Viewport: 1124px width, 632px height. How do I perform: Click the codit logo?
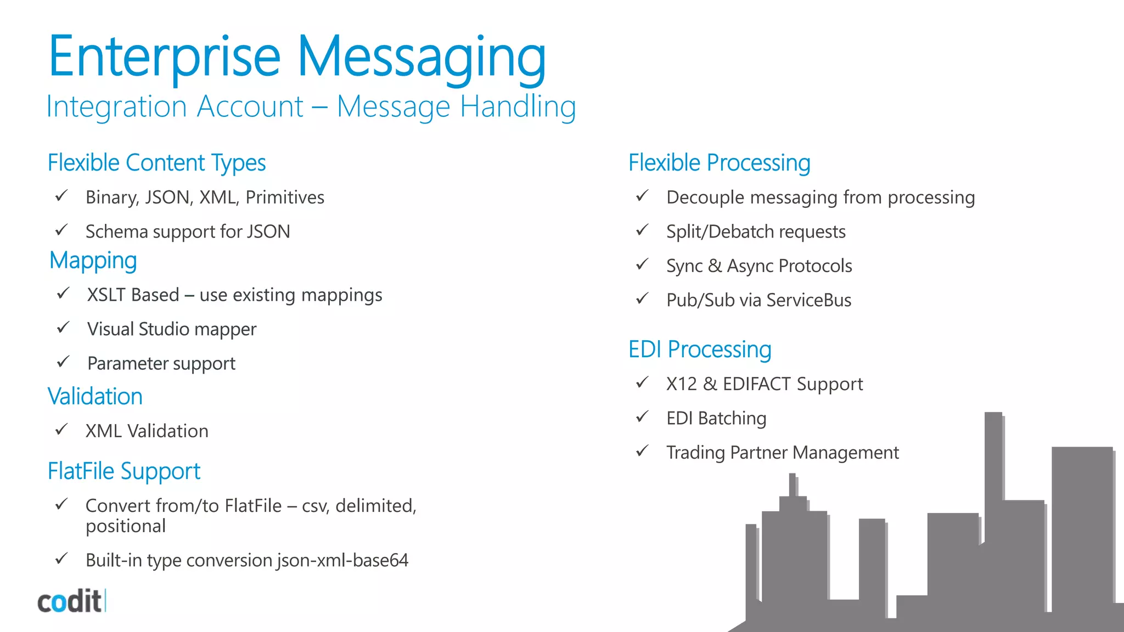(71, 601)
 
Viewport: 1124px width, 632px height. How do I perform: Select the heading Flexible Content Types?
(156, 163)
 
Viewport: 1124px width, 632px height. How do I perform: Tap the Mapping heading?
(93, 261)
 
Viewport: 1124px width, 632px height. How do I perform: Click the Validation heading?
(95, 397)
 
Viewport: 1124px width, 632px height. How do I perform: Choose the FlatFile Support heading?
(124, 471)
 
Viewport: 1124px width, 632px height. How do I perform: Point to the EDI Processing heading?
(700, 349)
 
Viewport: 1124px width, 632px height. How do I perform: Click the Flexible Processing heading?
(719, 163)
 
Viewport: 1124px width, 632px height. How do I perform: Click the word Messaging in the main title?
(421, 58)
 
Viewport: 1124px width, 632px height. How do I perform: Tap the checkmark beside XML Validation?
(61, 429)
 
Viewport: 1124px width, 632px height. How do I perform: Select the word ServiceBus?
(808, 300)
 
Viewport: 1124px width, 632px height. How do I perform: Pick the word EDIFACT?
(757, 384)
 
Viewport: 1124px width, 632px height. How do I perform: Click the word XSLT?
(106, 295)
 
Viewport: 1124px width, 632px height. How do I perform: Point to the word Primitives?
(285, 198)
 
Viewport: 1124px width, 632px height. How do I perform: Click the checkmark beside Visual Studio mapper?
(63, 328)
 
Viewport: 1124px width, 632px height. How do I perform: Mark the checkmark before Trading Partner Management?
(642, 451)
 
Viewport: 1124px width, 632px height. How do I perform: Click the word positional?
(126, 527)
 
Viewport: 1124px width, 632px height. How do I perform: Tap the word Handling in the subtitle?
(518, 106)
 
